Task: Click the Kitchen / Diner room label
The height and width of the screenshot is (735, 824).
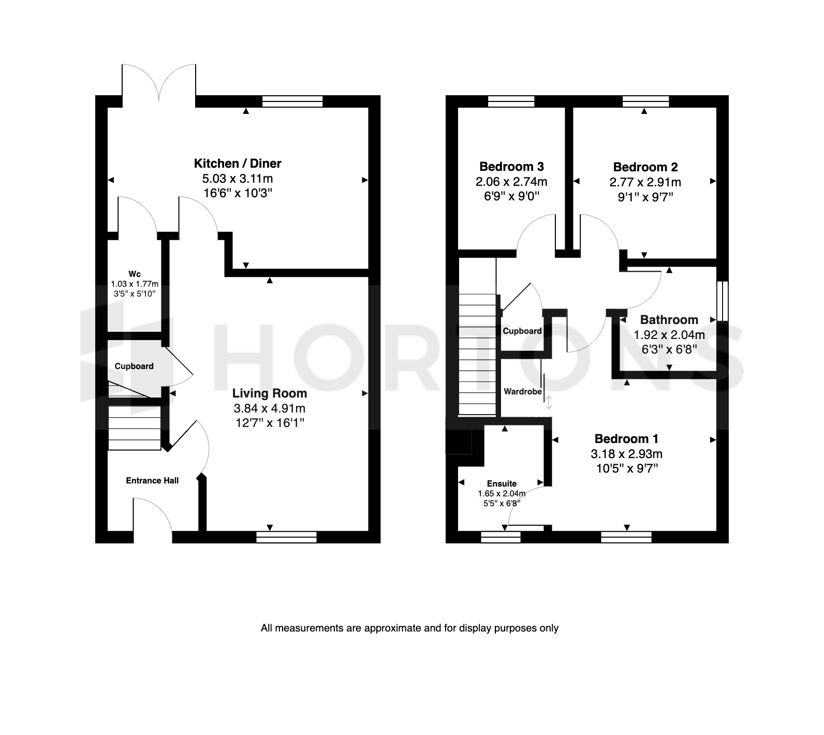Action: click(x=238, y=164)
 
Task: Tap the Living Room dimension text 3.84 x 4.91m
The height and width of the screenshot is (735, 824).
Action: click(x=269, y=408)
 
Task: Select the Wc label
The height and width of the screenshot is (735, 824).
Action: click(x=135, y=274)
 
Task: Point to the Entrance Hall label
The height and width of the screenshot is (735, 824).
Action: click(x=152, y=480)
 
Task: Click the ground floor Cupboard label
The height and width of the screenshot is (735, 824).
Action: click(x=134, y=366)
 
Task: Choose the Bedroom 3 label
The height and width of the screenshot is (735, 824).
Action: click(x=511, y=167)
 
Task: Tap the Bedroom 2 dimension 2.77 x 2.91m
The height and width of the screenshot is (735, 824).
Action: click(x=645, y=182)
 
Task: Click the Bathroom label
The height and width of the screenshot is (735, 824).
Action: click(x=669, y=320)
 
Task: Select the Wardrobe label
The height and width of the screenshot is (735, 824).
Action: click(x=523, y=392)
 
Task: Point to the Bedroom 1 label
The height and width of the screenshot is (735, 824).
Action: click(x=626, y=439)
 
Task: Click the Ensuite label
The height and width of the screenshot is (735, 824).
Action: click(x=502, y=483)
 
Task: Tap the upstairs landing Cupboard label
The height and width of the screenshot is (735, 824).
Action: click(x=522, y=331)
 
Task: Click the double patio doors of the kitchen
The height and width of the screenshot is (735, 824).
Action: click(x=159, y=83)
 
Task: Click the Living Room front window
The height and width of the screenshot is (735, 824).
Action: click(x=286, y=537)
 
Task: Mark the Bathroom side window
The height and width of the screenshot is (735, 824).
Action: click(x=723, y=301)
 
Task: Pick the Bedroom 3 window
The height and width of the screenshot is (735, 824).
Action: click(x=511, y=101)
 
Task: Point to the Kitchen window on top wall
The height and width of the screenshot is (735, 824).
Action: click(x=292, y=101)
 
